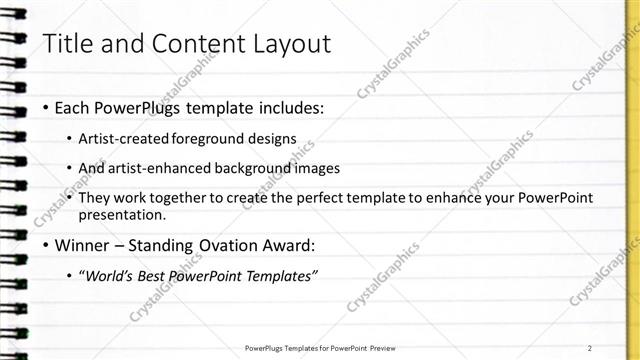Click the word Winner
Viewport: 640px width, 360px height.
tap(82, 245)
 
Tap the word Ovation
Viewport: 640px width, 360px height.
tap(236, 245)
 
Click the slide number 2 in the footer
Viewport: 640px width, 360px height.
tap(590, 348)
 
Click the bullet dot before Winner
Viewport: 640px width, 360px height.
tap(45, 245)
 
